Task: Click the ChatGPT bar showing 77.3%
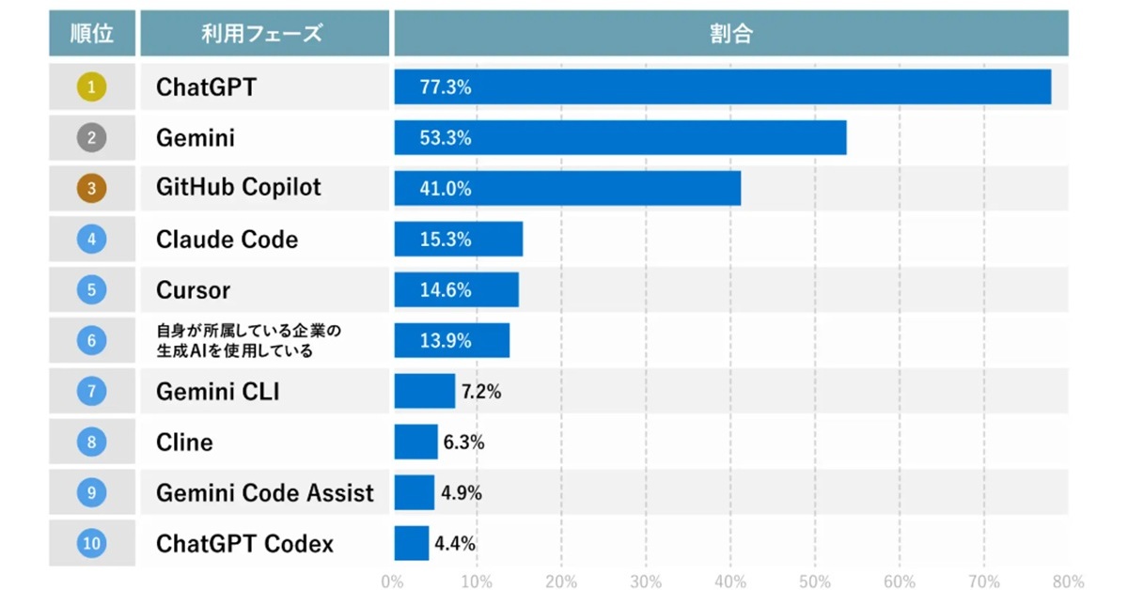coord(722,87)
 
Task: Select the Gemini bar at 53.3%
coord(620,138)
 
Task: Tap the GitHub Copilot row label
coord(239,188)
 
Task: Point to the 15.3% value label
coord(446,240)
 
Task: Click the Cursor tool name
coord(193,290)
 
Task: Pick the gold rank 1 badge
coord(91,87)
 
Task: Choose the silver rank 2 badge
coord(91,138)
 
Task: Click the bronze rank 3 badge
coord(91,188)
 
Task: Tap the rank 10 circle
coord(91,543)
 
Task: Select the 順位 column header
coord(92,34)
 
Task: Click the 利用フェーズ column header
coord(262,34)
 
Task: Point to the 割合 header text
coord(730,34)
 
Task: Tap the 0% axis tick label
coord(393,581)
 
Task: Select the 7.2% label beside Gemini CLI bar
coord(479,392)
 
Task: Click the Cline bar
coord(415,442)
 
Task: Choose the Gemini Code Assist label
coord(265,493)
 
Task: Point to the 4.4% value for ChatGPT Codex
coord(455,544)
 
